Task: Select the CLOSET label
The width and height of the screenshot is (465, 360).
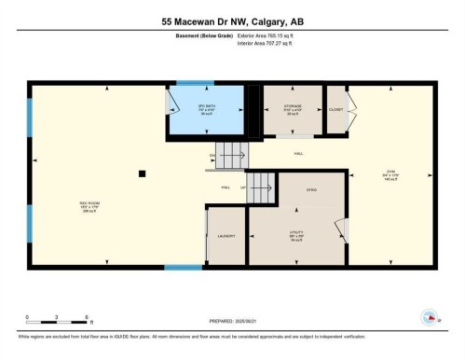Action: tap(335, 109)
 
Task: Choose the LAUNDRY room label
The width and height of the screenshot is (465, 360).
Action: tap(225, 237)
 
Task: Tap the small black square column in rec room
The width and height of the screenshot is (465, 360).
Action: tap(142, 173)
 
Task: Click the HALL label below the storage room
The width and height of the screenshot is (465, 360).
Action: tap(298, 153)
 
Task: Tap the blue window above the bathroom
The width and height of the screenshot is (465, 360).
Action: tap(196, 83)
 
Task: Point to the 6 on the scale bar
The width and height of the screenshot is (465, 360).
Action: tap(86, 318)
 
